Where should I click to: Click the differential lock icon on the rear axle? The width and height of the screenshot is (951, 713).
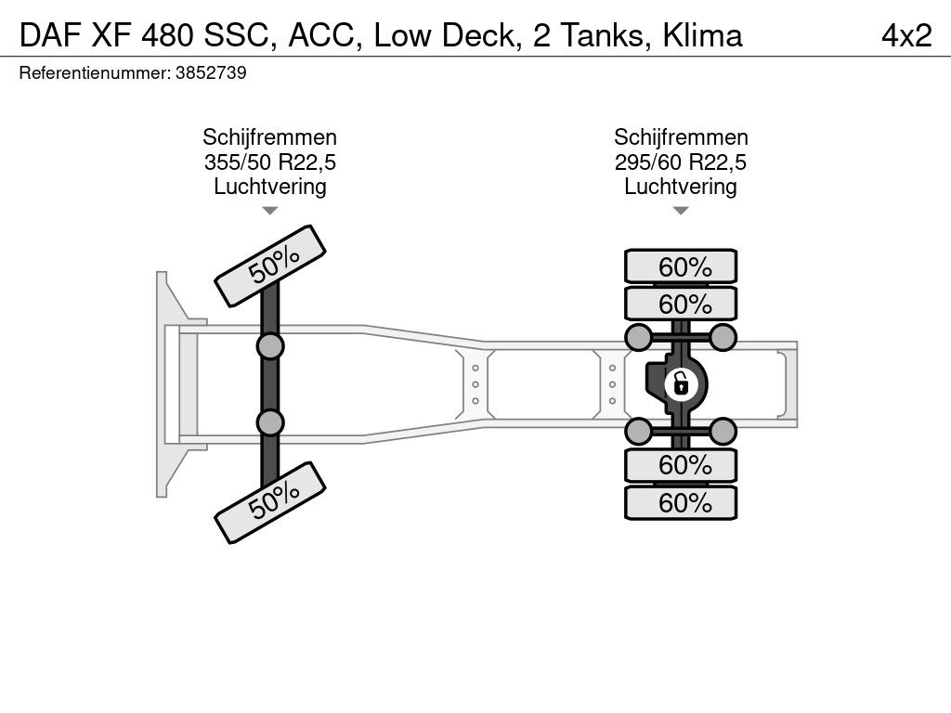[x=681, y=382]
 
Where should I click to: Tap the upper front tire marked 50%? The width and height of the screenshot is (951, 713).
[x=271, y=266]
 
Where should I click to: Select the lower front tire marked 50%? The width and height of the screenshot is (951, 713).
[x=271, y=503]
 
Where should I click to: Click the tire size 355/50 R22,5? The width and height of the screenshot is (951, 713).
[x=269, y=162]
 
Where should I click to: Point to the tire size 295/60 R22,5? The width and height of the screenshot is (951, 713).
[x=681, y=162]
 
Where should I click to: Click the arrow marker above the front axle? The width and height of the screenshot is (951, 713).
[x=269, y=211]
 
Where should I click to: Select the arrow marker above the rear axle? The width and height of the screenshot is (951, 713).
[x=681, y=211]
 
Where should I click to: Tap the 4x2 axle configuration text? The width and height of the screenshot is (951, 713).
[x=905, y=35]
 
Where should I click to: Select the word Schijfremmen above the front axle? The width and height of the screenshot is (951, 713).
[x=269, y=138]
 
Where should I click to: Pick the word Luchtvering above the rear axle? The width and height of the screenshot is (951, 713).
[x=681, y=187]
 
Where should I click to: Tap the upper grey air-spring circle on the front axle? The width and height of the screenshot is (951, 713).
[x=270, y=347]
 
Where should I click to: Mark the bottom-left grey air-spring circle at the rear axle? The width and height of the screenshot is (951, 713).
[x=639, y=431]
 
